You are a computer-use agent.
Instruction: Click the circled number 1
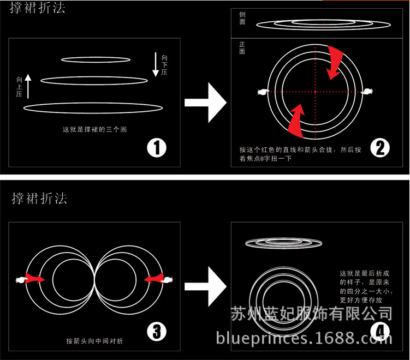tap(157, 148)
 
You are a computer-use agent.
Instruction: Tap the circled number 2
tap(379, 148)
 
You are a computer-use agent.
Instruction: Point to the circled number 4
tap(379, 331)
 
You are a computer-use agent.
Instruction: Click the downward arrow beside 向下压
tap(156, 64)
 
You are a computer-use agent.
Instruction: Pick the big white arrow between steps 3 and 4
tap(205, 286)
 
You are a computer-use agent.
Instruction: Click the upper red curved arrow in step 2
tap(334, 61)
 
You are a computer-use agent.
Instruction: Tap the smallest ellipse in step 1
tap(96, 59)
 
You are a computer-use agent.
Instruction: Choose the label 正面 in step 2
tap(242, 49)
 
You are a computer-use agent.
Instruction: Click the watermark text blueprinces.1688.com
tap(305, 339)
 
